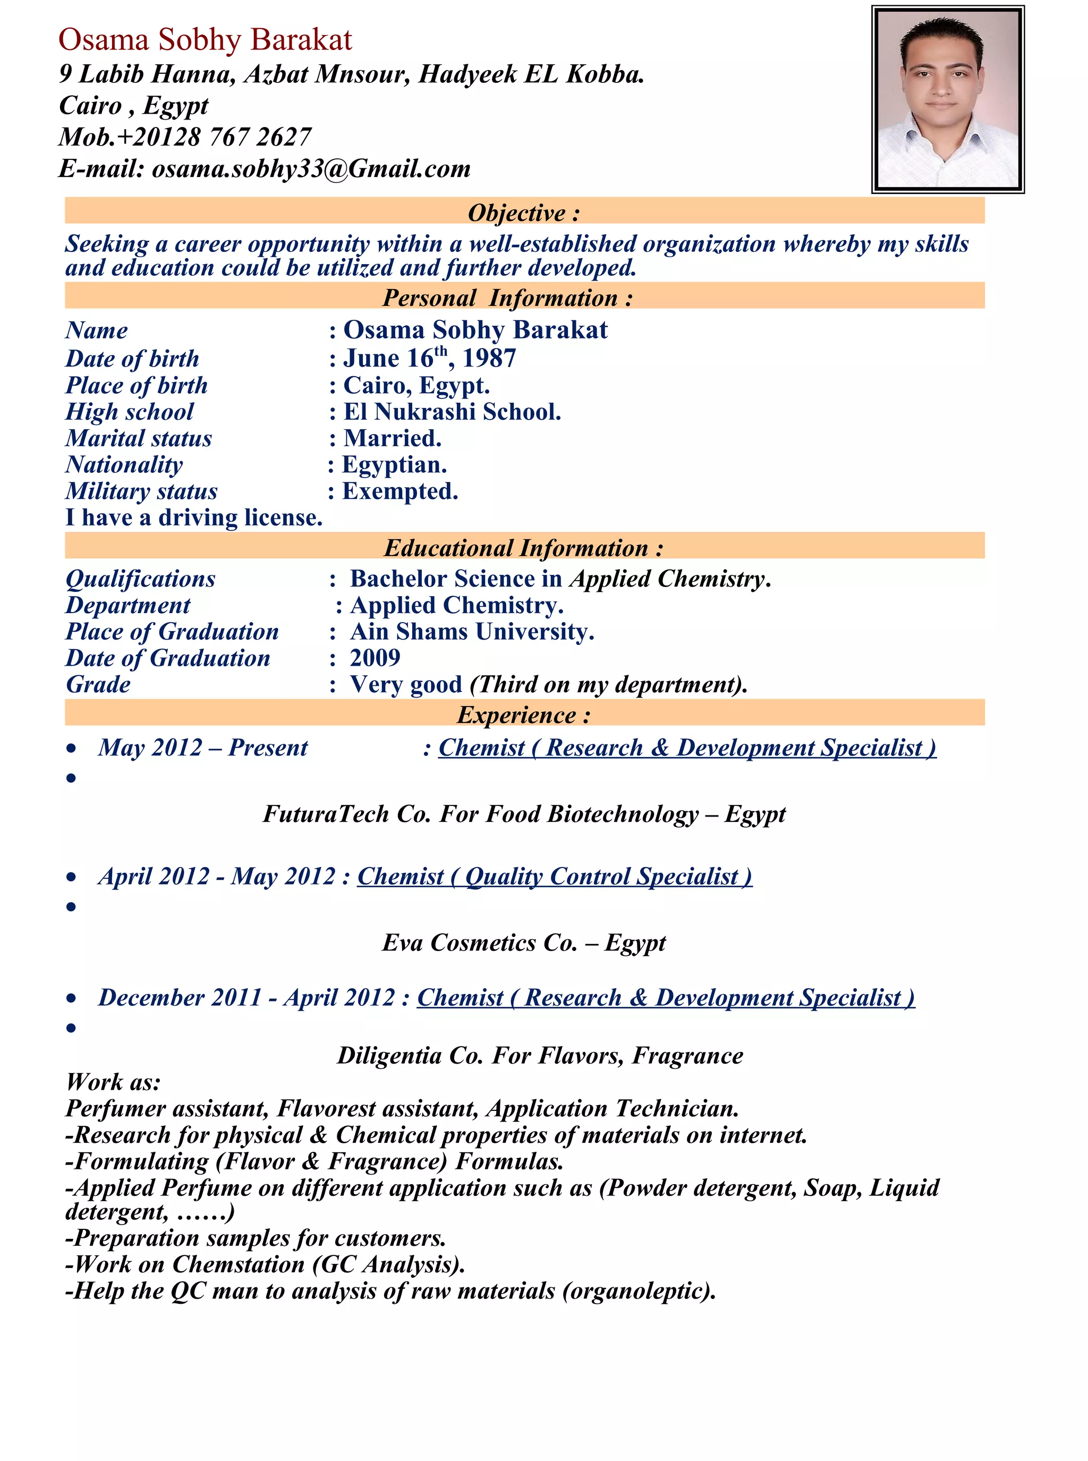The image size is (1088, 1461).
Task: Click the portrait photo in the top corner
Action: [x=947, y=99]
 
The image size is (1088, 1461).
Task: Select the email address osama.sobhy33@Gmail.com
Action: [x=311, y=168]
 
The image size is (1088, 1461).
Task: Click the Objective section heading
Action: [x=524, y=213]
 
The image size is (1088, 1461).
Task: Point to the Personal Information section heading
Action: [x=507, y=298]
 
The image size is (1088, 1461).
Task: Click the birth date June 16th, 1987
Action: [x=429, y=358]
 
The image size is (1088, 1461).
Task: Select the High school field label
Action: [x=129, y=412]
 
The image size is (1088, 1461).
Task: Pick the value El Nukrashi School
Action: [x=452, y=412]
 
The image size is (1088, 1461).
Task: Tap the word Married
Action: [x=392, y=438]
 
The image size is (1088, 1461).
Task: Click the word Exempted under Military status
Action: [x=400, y=491]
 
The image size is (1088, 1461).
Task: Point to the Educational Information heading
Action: [x=524, y=548]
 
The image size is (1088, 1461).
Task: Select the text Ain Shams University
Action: [x=472, y=632]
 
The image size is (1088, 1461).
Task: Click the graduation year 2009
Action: [x=375, y=658]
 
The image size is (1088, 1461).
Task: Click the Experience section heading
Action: [x=524, y=715]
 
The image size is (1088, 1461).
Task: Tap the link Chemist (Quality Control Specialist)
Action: [x=555, y=877]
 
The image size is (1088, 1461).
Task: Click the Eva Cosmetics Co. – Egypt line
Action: [x=524, y=943]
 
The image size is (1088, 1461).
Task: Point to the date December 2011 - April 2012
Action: [x=247, y=998]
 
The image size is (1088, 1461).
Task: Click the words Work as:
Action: [x=113, y=1082]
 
